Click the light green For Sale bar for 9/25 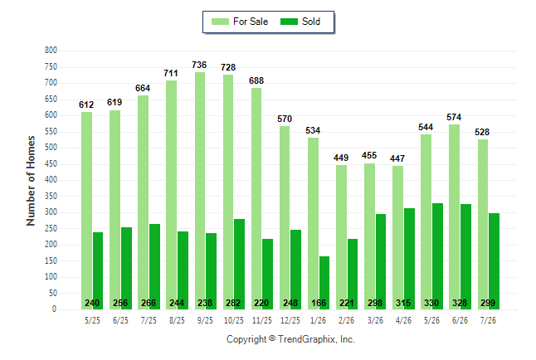[x=200, y=191]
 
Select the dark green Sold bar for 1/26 [x=324, y=283]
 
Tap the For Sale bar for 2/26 [x=341, y=237]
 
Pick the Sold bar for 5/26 [x=437, y=256]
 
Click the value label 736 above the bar [x=199, y=65]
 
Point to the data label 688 [x=256, y=80]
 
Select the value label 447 [x=397, y=158]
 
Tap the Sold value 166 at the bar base [x=319, y=303]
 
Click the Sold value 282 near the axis [x=233, y=303]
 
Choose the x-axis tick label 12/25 [x=290, y=320]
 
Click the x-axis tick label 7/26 [x=488, y=320]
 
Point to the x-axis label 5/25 [x=92, y=320]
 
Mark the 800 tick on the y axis [x=51, y=51]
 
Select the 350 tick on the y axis [x=51, y=197]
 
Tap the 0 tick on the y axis [x=54, y=309]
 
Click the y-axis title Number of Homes [x=31, y=181]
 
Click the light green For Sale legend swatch [x=220, y=22]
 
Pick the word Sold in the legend [x=311, y=22]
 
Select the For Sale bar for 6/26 [x=455, y=216]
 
